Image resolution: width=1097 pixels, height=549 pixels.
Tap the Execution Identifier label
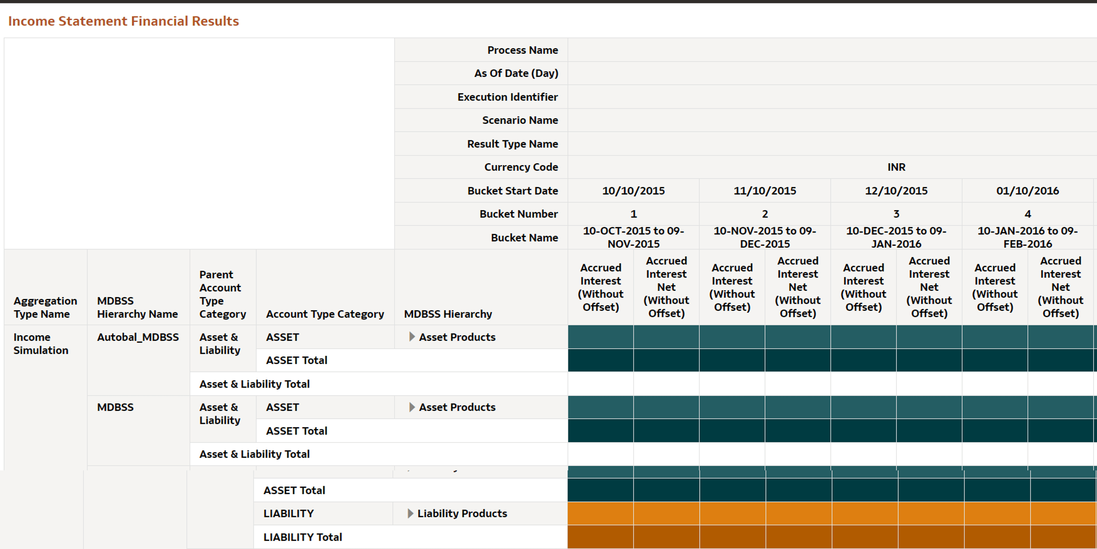pyautogui.click(x=507, y=97)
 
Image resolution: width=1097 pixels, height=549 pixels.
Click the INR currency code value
pyautogui.click(x=896, y=167)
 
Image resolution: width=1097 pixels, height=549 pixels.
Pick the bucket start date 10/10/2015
pyautogui.click(x=633, y=191)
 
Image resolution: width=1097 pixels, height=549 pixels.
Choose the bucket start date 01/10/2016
pyautogui.click(x=1027, y=191)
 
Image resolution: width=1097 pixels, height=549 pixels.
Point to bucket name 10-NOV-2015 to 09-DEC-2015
pyautogui.click(x=764, y=237)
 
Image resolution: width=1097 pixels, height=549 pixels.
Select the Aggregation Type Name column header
pyautogui.click(x=45, y=307)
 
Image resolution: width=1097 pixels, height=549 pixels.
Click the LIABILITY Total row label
pyautogui.click(x=302, y=537)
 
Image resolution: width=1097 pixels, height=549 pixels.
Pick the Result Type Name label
pyautogui.click(x=512, y=144)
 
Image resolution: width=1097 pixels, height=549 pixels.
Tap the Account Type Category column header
pyautogui.click(x=325, y=314)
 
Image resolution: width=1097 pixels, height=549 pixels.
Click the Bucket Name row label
pyautogui.click(x=524, y=238)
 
